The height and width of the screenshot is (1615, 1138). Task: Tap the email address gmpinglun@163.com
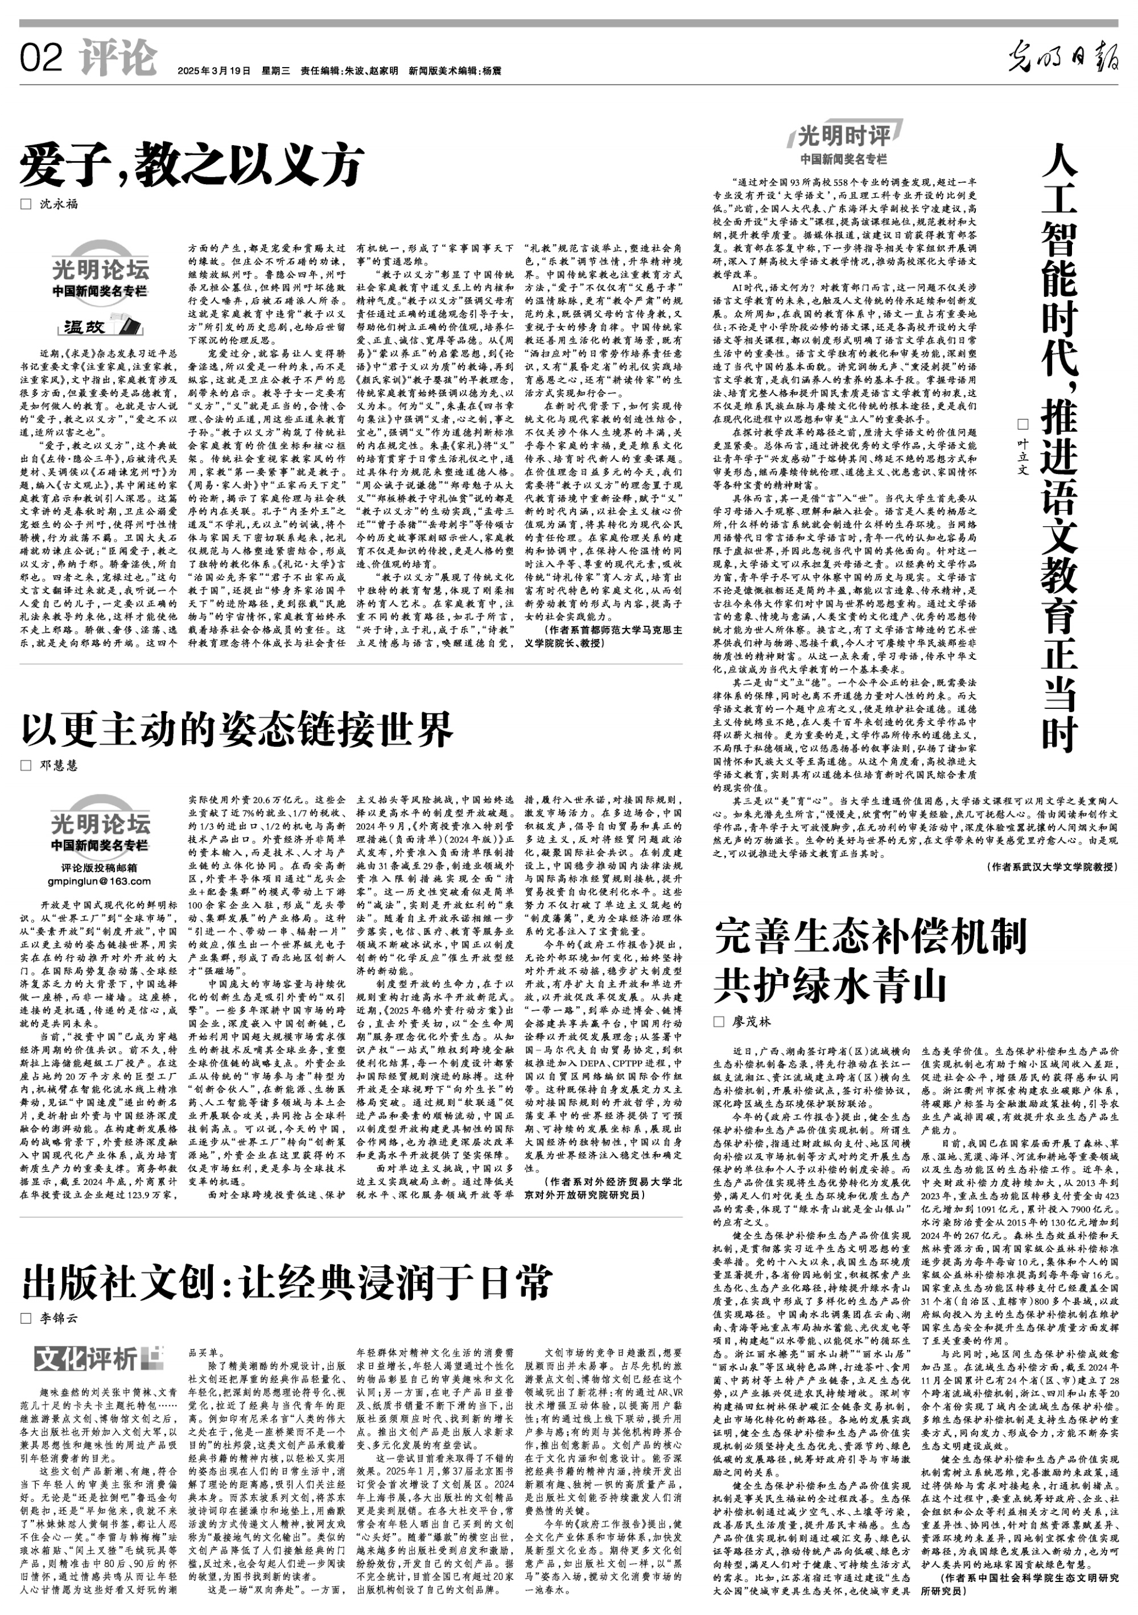[x=99, y=881]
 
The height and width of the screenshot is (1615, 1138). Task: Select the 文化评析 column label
[x=99, y=1358]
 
